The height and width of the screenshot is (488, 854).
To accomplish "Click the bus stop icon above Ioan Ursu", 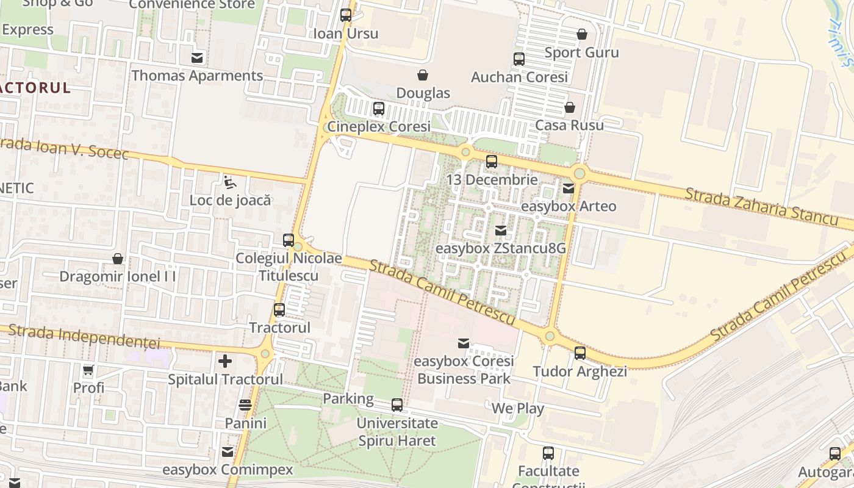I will (346, 15).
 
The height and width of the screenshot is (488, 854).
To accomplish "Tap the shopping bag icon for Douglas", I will (422, 75).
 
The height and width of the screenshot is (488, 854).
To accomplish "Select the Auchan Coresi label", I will (519, 77).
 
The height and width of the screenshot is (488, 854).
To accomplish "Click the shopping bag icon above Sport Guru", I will (582, 34).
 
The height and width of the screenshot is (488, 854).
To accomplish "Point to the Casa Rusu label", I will (569, 125).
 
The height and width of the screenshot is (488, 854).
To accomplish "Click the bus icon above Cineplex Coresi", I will (379, 109).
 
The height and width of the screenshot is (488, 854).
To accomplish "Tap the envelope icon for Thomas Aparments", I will (197, 58).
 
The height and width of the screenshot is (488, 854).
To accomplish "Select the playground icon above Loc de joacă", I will (229, 182).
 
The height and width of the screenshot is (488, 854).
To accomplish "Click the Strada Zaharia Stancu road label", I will (762, 206).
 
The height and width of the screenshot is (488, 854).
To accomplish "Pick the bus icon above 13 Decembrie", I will (492, 162).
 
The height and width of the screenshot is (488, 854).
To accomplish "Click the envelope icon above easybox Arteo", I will (569, 188).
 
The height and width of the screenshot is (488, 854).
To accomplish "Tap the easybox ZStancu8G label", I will (500, 248).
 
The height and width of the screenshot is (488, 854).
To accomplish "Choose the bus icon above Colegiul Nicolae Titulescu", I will (289, 240).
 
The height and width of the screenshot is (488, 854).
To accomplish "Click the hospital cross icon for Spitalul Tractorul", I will (225, 361).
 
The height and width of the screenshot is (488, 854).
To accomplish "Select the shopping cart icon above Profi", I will (88, 370).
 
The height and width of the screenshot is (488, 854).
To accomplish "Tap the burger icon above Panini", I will (245, 405).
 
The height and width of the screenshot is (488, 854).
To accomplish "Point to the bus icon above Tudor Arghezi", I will (580, 353).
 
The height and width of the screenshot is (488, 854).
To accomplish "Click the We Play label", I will (517, 408).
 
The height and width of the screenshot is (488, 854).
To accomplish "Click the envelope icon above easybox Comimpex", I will (228, 452).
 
